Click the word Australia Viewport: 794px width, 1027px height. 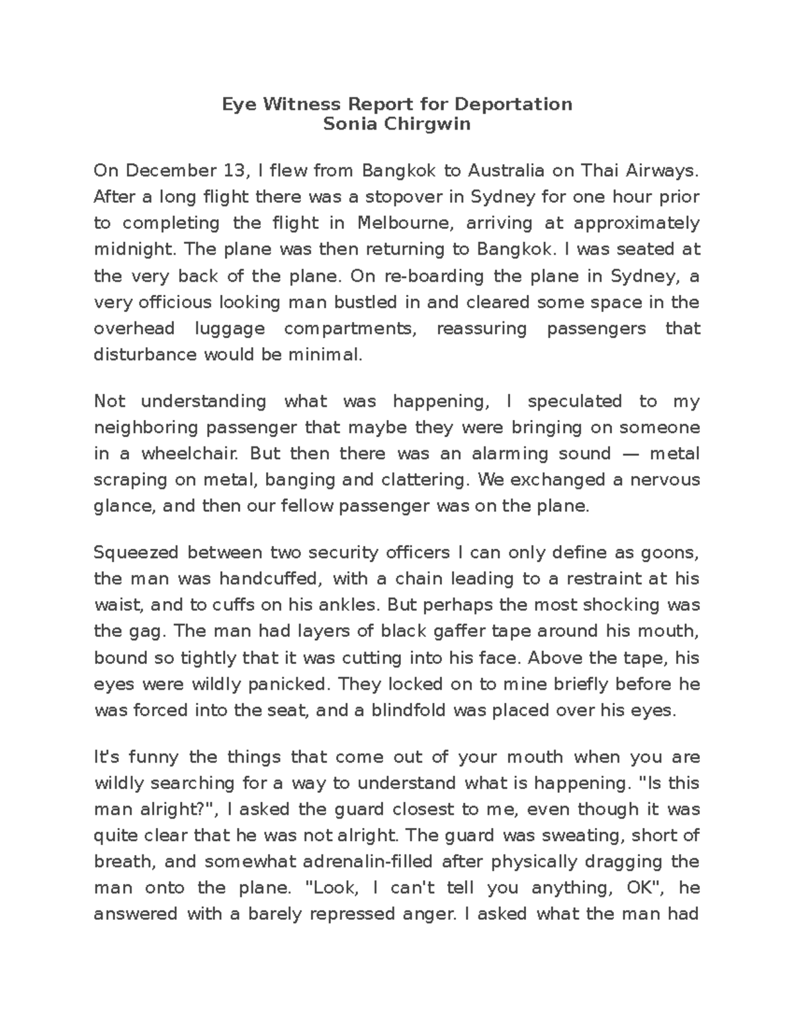(x=506, y=171)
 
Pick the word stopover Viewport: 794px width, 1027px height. (x=409, y=197)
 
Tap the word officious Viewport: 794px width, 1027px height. (x=173, y=302)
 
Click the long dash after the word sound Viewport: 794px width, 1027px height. (x=630, y=454)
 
